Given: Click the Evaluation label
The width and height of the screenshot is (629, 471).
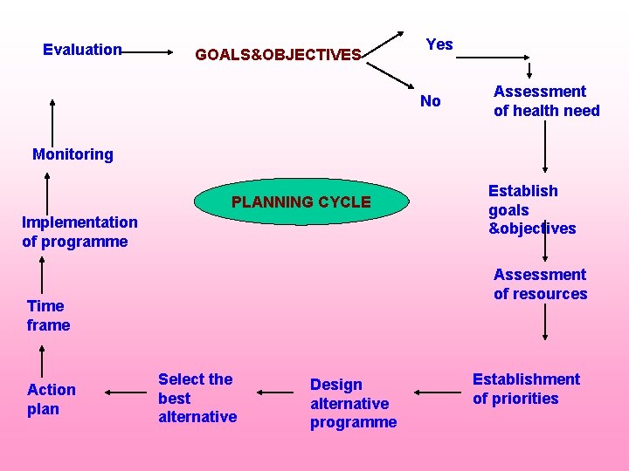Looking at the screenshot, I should click(82, 50).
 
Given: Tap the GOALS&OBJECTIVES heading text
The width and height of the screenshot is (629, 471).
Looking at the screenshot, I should click(278, 55).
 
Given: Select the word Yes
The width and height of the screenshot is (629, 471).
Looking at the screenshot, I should click(439, 44).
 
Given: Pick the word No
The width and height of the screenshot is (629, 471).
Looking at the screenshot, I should click(431, 101).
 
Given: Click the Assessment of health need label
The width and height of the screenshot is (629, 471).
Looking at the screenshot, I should click(546, 101).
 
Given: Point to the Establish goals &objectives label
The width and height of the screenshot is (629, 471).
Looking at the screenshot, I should click(531, 209).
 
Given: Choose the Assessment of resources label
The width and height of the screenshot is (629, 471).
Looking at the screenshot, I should click(540, 284).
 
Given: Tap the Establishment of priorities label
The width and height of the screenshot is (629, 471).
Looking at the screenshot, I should click(526, 389).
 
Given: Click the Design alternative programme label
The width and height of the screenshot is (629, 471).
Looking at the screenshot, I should click(353, 403).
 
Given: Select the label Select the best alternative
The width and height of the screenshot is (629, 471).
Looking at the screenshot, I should click(197, 398).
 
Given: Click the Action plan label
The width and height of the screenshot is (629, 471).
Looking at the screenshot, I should click(52, 399).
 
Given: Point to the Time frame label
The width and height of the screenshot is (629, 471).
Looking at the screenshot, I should click(48, 315).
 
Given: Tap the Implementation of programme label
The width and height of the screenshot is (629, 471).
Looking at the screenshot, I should click(79, 232).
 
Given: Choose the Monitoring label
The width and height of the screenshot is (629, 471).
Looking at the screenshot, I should click(73, 154).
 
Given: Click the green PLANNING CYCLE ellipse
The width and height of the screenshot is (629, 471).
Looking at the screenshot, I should click(301, 202).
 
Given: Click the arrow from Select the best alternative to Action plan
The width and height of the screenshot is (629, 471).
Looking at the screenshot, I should click(124, 393).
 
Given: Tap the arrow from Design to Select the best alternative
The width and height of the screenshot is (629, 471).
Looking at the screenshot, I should click(276, 393).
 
